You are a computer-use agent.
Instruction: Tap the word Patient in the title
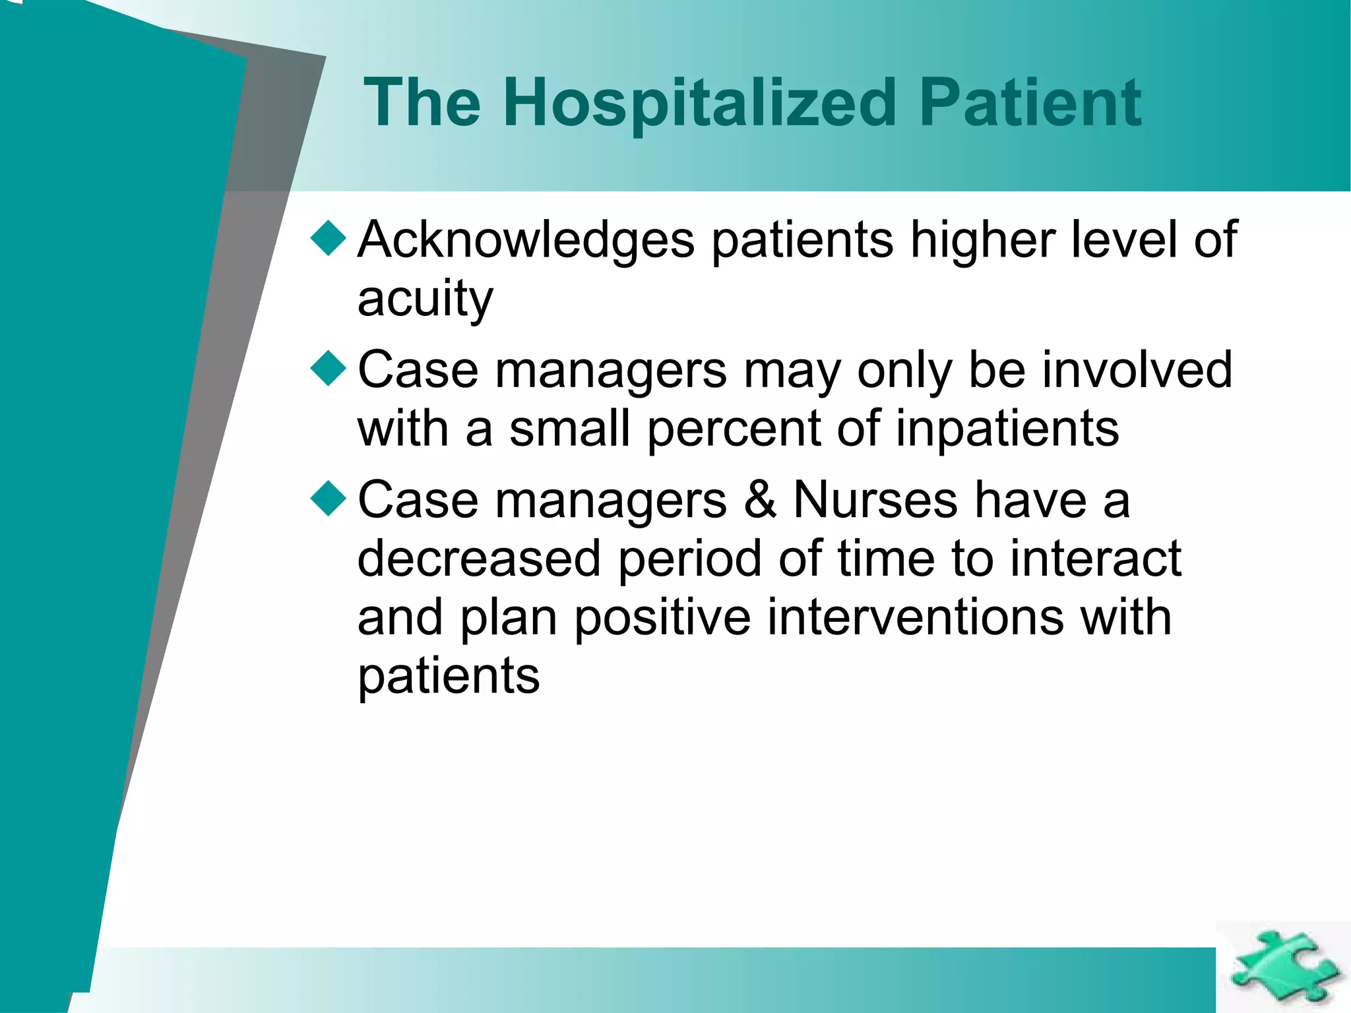[x=1030, y=104]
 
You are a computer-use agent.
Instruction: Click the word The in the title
[x=422, y=104]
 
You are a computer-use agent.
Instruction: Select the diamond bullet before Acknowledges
[x=328, y=238]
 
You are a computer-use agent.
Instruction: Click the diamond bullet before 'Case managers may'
[x=328, y=368]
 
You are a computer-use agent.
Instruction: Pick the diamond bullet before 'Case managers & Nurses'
[x=328, y=498]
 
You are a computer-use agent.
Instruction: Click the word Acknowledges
[x=526, y=241]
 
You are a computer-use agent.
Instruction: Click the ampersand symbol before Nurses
[x=760, y=500]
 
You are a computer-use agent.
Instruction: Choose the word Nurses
[x=875, y=500]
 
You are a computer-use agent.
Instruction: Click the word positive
[x=662, y=619]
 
